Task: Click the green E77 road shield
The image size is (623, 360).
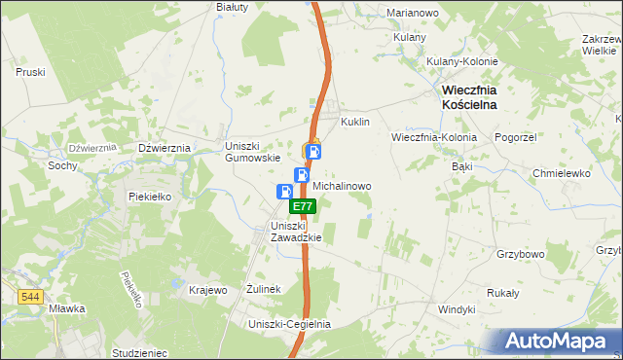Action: (303, 206)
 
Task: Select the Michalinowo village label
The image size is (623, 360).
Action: (341, 184)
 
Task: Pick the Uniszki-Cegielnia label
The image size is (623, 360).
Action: (290, 324)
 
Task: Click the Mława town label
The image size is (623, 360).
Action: (66, 308)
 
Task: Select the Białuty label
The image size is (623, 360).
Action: (233, 6)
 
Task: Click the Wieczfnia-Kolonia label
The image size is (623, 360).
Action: (434, 137)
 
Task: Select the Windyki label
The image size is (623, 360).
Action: (457, 308)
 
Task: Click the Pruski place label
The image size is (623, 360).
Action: (31, 72)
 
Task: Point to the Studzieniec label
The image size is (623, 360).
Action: (140, 353)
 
